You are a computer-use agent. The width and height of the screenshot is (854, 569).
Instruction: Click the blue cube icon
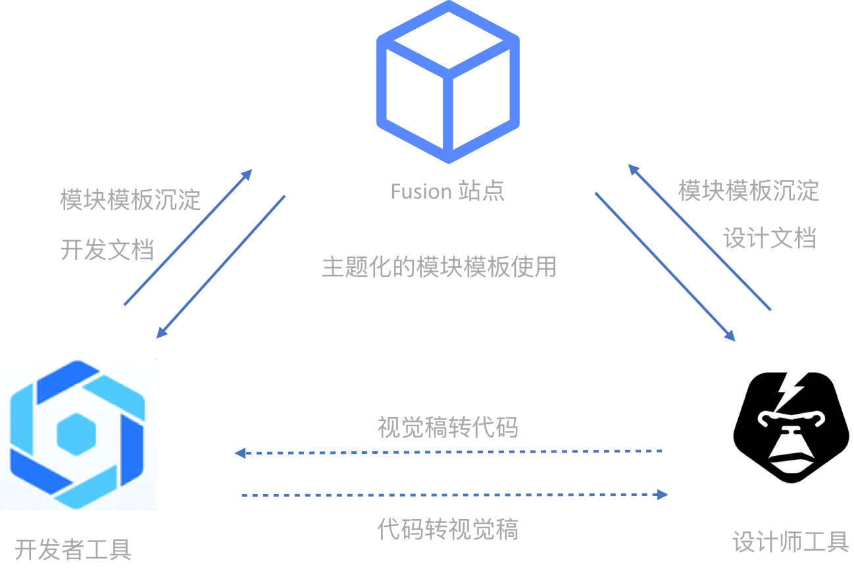tap(448, 82)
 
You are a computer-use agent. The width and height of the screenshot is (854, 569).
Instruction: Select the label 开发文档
tap(107, 250)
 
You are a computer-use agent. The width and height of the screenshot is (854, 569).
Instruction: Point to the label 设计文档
tap(769, 238)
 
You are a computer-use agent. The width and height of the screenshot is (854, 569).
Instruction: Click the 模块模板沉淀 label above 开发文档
tap(130, 199)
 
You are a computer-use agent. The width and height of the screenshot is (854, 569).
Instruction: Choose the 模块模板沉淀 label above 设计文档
tap(749, 191)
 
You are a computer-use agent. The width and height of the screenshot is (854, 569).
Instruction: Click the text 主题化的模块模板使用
tap(439, 267)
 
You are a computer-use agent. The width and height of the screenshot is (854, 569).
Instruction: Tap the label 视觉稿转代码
tap(447, 428)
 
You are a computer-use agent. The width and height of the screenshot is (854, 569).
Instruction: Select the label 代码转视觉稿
tap(447, 529)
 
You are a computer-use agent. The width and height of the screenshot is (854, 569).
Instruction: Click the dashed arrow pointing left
tap(447, 452)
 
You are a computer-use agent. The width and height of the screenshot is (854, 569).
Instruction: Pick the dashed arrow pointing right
tap(454, 495)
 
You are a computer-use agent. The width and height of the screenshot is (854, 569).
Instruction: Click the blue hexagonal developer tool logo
tap(78, 434)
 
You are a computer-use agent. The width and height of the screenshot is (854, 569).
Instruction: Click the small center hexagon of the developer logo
tap(77, 434)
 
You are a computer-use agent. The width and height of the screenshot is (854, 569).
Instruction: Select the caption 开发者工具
tap(73, 549)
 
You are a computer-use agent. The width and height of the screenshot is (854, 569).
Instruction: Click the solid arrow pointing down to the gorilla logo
tap(665, 266)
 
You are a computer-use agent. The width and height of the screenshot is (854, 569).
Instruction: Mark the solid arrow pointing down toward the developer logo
tap(221, 266)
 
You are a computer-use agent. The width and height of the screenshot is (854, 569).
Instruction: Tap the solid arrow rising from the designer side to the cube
tap(699, 237)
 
